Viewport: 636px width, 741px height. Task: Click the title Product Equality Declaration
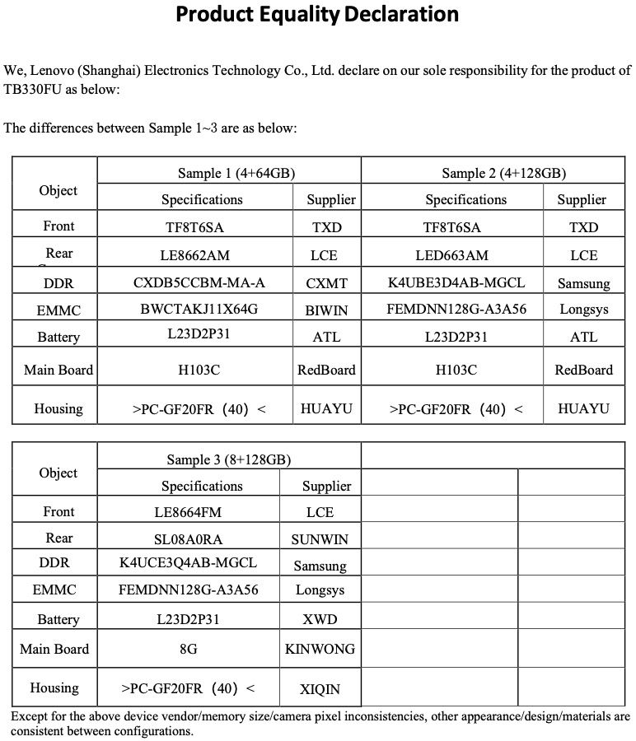point(317,15)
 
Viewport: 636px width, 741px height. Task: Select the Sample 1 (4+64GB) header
point(236,173)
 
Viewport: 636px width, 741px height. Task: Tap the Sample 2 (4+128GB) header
point(503,173)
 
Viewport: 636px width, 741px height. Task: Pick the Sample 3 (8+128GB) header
point(228,459)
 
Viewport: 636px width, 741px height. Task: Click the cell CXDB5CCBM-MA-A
point(199,283)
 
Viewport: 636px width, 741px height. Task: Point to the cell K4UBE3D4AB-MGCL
point(456,283)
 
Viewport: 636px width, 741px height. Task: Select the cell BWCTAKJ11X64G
point(199,310)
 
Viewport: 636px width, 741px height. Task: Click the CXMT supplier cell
point(326,283)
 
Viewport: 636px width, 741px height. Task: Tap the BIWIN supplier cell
point(326,310)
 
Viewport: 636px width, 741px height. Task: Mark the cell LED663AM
point(456,255)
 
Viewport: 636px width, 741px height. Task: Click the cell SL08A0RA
point(188,539)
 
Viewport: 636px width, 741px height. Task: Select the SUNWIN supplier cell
point(320,540)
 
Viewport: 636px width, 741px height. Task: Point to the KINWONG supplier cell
point(320,649)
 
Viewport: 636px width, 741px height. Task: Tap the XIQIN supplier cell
point(320,689)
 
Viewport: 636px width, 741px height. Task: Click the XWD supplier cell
point(320,618)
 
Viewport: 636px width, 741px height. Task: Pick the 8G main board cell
point(188,649)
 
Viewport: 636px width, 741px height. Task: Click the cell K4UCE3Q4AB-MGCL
point(188,563)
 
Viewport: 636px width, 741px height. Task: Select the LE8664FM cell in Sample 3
point(188,512)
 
